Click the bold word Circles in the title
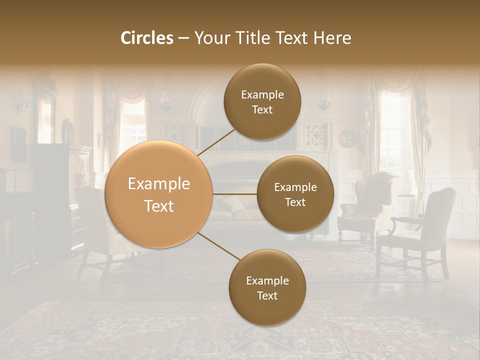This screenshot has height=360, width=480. click(x=147, y=38)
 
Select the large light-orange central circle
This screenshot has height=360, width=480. click(x=159, y=194)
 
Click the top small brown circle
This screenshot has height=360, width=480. click(x=262, y=101)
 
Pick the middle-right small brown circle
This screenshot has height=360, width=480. click(x=295, y=194)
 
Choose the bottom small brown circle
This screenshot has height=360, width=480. click(x=267, y=287)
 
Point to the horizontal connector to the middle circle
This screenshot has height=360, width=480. click(x=235, y=194)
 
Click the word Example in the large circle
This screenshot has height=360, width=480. click(x=159, y=184)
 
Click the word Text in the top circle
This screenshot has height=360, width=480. click(x=262, y=109)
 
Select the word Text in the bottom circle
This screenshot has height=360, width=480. click(x=267, y=295)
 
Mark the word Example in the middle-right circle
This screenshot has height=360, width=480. click(x=295, y=187)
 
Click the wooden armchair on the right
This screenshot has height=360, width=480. click(x=420, y=230)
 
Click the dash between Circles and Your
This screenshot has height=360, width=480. click(x=183, y=38)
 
